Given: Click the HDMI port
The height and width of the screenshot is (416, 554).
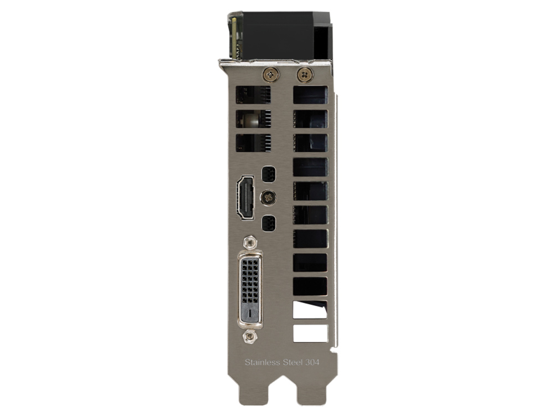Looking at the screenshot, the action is (245, 198).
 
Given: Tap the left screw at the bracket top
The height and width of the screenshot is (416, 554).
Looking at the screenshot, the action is (271, 75).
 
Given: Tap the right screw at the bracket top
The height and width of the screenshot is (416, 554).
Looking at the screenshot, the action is (305, 74).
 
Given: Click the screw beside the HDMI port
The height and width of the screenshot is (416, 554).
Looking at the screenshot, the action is (268, 198).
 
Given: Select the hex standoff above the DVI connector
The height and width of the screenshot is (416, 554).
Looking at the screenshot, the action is (250, 243).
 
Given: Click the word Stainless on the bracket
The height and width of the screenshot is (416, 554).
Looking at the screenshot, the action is (263, 362).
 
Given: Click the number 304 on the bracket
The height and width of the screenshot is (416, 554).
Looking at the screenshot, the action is (312, 362).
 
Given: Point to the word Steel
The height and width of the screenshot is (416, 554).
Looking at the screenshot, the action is (293, 362).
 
